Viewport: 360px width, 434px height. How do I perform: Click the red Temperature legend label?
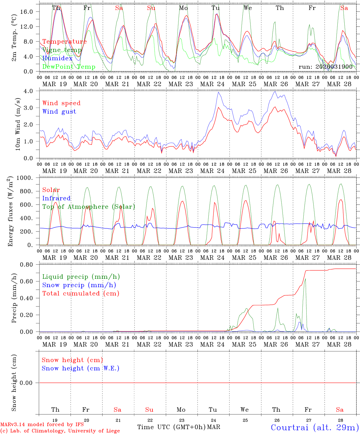click(65, 42)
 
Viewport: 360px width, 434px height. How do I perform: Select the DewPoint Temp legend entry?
click(69, 67)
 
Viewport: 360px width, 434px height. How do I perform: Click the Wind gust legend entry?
click(59, 112)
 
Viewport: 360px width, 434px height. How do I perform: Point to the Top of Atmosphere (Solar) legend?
click(89, 207)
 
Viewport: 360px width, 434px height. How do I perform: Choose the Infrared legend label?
click(56, 198)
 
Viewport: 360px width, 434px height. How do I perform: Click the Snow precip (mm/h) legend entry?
click(79, 285)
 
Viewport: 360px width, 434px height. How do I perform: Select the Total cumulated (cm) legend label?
click(81, 294)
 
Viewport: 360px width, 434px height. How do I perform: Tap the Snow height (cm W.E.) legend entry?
click(81, 368)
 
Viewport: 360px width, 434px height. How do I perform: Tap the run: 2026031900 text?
click(325, 67)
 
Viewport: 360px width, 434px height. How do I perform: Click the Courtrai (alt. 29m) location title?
click(315, 427)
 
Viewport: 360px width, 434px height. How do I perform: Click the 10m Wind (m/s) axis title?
click(18, 124)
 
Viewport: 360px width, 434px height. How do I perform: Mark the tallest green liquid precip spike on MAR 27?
click(305, 279)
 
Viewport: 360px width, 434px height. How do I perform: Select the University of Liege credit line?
click(60, 431)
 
